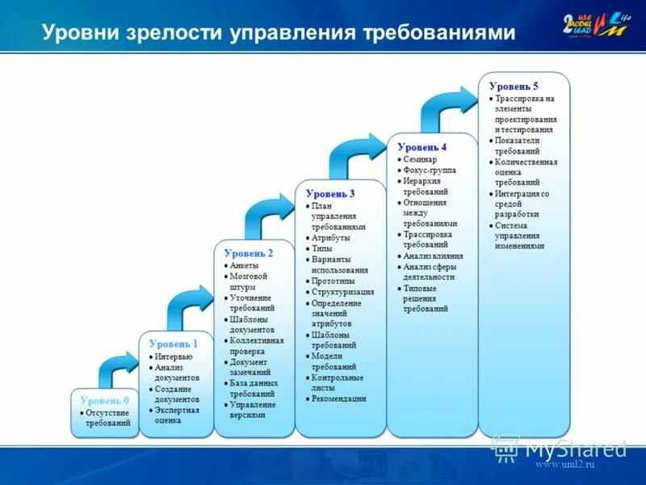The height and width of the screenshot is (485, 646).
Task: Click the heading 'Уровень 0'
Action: click(x=105, y=400)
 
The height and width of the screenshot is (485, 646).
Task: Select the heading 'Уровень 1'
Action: click(x=173, y=344)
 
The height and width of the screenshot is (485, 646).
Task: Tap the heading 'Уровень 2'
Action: click(x=248, y=253)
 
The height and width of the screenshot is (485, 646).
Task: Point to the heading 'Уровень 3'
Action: click(x=330, y=194)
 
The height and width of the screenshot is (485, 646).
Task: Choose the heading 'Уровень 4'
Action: click(x=422, y=147)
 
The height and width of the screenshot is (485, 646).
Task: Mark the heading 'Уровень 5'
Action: click(x=514, y=86)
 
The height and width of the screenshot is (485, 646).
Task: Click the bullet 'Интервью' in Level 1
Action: click(x=174, y=356)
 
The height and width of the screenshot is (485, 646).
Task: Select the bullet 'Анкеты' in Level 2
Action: click(x=244, y=265)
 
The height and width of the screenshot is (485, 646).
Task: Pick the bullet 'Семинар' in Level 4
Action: click(x=420, y=160)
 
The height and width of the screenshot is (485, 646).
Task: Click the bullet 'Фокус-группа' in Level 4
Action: click(x=429, y=171)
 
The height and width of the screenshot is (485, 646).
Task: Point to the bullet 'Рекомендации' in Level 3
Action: click(x=338, y=399)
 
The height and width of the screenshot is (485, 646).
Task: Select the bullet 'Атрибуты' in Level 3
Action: click(x=331, y=238)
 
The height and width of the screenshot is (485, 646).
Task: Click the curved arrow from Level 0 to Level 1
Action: click(x=118, y=368)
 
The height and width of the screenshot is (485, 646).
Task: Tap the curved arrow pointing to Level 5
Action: click(x=447, y=105)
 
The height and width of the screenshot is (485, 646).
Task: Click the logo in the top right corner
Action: click(x=598, y=30)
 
